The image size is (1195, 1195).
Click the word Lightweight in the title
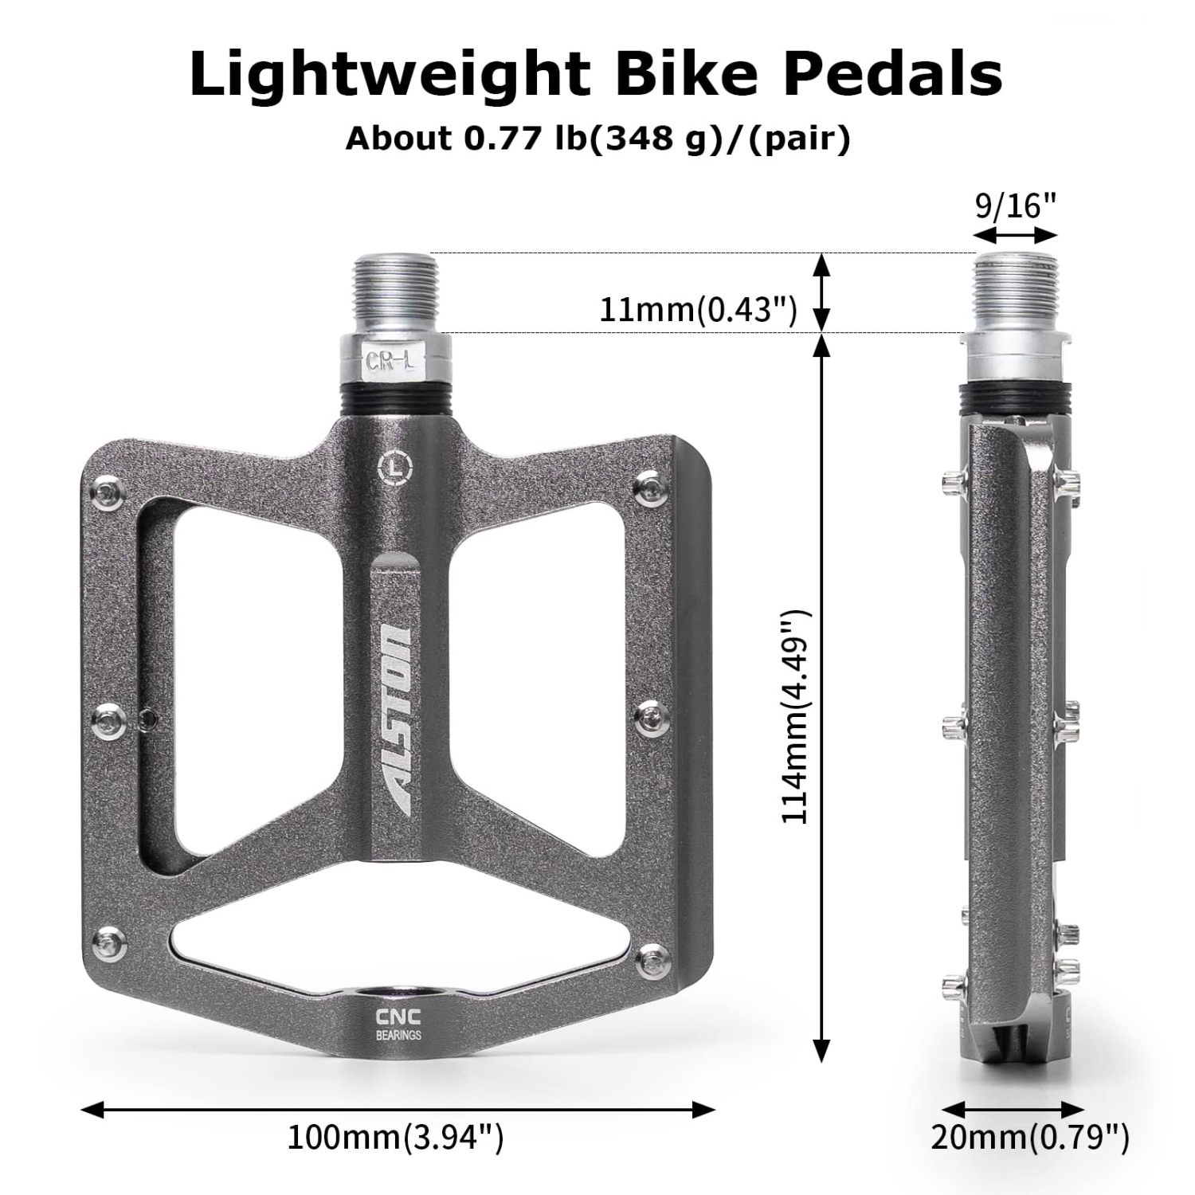pyautogui.click(x=389, y=76)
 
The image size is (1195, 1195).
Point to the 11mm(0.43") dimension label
pyautogui.click(x=698, y=309)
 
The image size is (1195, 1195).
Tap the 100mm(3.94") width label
pyautogui.click(x=395, y=1137)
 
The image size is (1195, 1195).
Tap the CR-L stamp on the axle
pyautogui.click(x=390, y=360)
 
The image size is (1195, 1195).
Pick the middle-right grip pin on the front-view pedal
pyautogui.click(x=655, y=716)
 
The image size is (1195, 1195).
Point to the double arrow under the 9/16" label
pyautogui.click(x=1015, y=234)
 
